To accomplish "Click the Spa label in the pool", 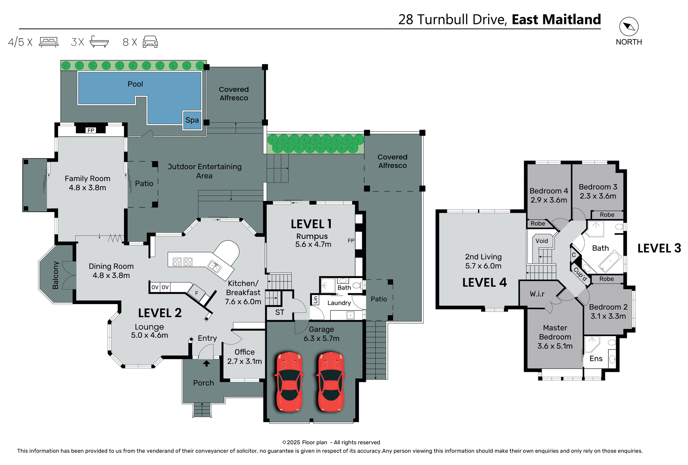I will [192, 120].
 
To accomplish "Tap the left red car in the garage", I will [289, 382].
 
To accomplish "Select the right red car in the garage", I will [331, 382].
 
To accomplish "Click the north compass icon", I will [629, 27].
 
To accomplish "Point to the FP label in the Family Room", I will [91, 130].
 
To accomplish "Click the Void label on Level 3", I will [541, 241].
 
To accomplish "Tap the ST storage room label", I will [279, 312].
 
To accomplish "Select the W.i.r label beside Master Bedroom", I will [537, 294].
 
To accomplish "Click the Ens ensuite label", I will [596, 359].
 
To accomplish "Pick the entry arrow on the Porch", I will [206, 363].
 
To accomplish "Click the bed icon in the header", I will [49, 42].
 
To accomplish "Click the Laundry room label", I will [339, 303].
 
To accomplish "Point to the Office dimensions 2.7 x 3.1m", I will [244, 361].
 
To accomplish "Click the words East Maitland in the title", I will [556, 19].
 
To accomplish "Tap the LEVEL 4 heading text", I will [484, 283].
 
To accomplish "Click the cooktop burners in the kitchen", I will [183, 262].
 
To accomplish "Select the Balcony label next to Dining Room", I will [56, 275].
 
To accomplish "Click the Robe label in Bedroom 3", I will [607, 215].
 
